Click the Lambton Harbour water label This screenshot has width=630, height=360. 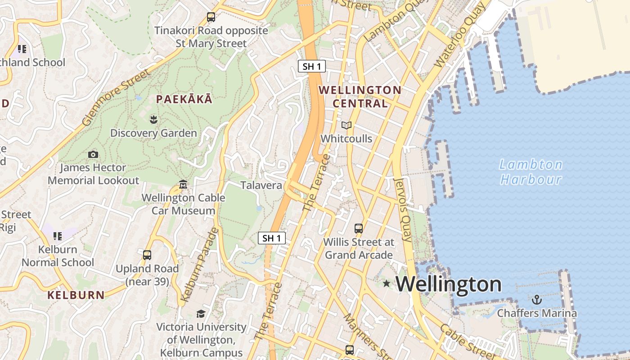pyautogui.click(x=531, y=172)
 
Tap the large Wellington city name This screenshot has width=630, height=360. pyautogui.click(x=449, y=284)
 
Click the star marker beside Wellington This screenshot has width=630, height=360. pyautogui.click(x=386, y=283)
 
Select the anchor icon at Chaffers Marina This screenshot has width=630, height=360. pyautogui.click(x=536, y=300)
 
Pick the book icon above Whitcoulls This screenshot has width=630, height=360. pyautogui.click(x=346, y=125)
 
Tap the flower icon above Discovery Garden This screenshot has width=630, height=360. pyautogui.click(x=153, y=119)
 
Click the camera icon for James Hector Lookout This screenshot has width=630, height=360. pyautogui.click(x=93, y=154)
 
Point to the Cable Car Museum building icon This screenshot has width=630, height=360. pyautogui.click(x=183, y=184)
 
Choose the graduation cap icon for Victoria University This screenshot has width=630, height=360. pyautogui.click(x=201, y=313)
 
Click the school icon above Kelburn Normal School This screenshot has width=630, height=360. pyautogui.click(x=58, y=236)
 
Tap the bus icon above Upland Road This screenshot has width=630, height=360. pyautogui.click(x=147, y=255)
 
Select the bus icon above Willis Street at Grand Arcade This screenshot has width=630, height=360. pyautogui.click(x=359, y=228)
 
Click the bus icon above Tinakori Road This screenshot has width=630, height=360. pyautogui.click(x=211, y=17)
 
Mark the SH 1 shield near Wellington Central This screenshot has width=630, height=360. pyautogui.click(x=312, y=67)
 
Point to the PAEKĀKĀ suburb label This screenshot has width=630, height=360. pyautogui.click(x=184, y=99)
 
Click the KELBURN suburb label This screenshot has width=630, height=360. pyautogui.click(x=76, y=295)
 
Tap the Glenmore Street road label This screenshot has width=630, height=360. pyautogui.click(x=116, y=97)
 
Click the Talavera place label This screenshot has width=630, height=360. pyautogui.click(x=261, y=185)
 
